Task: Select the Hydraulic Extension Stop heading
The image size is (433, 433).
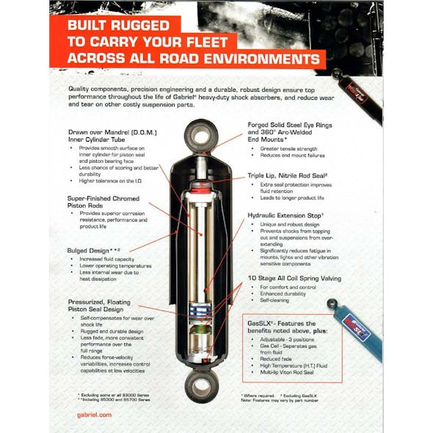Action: (x=291, y=216)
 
